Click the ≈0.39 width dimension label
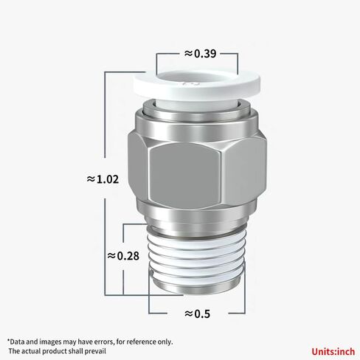click(199, 54)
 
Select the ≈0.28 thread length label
click(123, 255)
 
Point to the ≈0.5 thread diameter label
click(195, 314)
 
